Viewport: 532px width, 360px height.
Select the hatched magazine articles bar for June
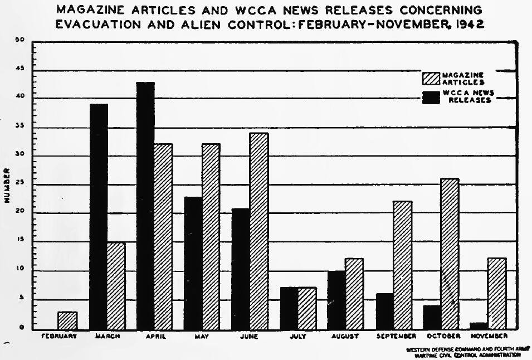point(259,231)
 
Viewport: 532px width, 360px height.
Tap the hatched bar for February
point(67,320)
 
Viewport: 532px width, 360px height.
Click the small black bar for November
point(479,325)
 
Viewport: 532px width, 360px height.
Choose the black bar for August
point(336,300)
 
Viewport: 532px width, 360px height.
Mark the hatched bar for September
point(402,265)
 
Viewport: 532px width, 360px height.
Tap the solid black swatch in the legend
point(432,97)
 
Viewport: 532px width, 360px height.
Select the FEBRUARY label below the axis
point(58,337)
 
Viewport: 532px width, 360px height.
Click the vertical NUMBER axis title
point(8,183)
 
